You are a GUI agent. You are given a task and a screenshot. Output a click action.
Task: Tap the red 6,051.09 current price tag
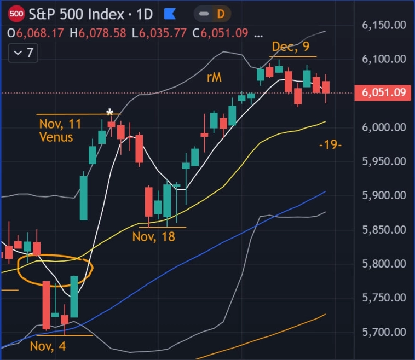[x=384, y=93]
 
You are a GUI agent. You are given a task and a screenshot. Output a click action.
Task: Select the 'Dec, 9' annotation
[x=291, y=47]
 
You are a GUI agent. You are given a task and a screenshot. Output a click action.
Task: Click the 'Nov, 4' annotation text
[x=48, y=346]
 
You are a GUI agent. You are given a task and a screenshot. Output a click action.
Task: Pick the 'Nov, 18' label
[x=154, y=237]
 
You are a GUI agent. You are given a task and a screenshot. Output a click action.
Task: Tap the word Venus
[x=56, y=137]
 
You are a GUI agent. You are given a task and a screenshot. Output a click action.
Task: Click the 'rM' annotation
[x=214, y=78]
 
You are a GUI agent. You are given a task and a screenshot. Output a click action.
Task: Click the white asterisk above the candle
[x=110, y=113]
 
